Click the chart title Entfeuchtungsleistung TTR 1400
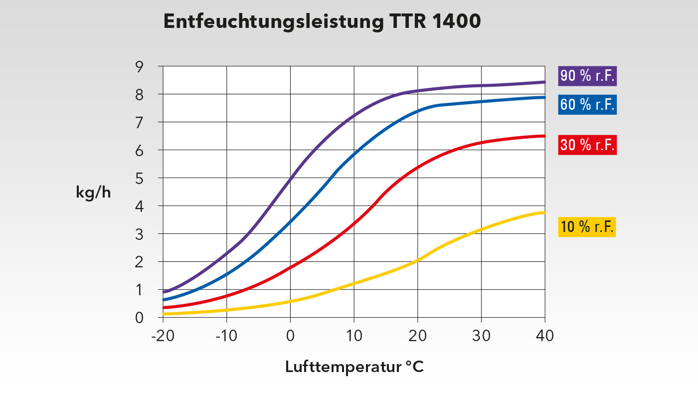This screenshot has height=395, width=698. pos(322,22)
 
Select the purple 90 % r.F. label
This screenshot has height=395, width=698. pos(587,76)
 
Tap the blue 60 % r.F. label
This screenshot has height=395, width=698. pos(587,105)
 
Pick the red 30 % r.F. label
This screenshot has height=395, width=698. pos(587,145)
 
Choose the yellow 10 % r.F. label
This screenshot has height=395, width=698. pos(587,227)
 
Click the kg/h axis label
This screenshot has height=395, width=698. pos(93,193)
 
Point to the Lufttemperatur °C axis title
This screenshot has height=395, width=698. pos(354,368)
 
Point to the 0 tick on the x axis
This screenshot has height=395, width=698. pos(290,336)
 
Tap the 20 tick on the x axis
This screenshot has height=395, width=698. pos(417,336)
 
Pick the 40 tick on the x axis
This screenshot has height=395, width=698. pos(544,336)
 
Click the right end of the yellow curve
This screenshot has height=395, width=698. pos(544,212)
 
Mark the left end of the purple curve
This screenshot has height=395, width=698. pos(165,292)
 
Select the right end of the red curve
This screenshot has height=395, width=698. pos(544,136)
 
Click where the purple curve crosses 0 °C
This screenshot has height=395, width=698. pos(290,178)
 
